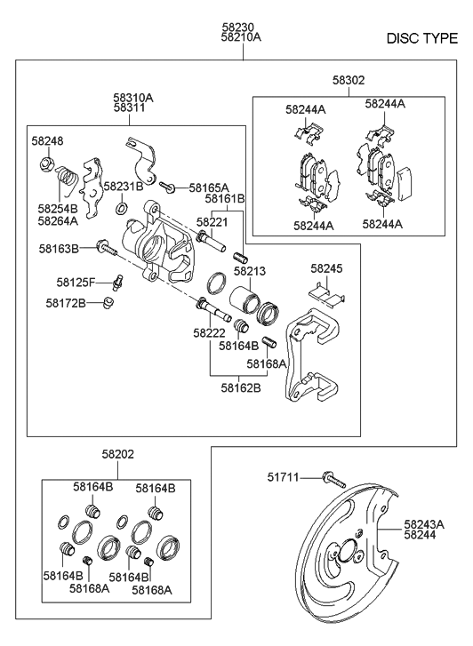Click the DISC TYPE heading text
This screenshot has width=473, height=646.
pos(422,39)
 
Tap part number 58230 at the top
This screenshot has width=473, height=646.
pos(237,27)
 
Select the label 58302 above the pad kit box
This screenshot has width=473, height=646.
pos(348,80)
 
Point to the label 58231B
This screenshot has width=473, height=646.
pos(123,187)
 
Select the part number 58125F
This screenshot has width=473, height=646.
pos(76,282)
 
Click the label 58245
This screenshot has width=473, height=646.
pos(326,267)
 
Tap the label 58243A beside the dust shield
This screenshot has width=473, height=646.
pos(426,524)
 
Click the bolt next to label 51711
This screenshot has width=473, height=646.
pos(333,480)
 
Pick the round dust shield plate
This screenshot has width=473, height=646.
pos(342,560)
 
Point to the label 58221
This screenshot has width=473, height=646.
pos(212,222)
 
